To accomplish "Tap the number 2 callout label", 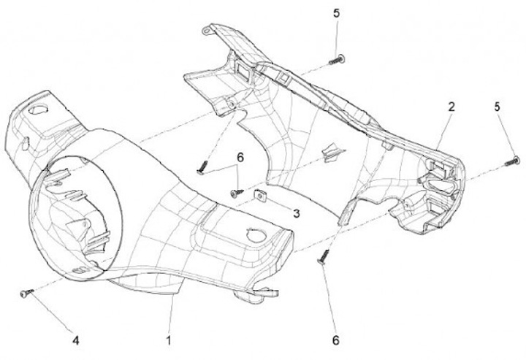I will click(451, 107).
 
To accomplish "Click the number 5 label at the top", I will click(337, 13).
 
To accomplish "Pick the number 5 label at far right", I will click(500, 107).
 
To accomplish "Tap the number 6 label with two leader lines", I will click(239, 156).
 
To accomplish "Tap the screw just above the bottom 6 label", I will click(323, 256).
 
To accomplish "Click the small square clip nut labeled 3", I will click(260, 195).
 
